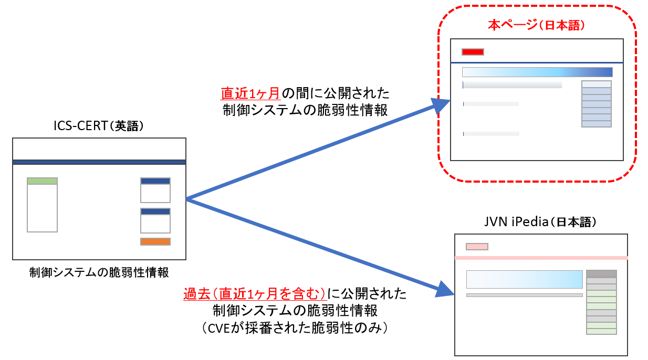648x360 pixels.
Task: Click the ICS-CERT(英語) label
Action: pyautogui.click(x=99, y=127)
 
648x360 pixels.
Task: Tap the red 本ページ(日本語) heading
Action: pyautogui.click(x=536, y=25)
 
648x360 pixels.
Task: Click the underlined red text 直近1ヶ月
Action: pyautogui.click(x=251, y=94)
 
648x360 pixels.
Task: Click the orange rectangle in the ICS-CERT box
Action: pyautogui.click(x=155, y=242)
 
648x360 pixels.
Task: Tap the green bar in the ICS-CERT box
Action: pyautogui.click(x=42, y=181)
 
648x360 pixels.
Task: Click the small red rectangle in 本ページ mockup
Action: pyautogui.click(x=473, y=51)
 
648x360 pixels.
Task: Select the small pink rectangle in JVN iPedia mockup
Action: pyautogui.click(x=477, y=247)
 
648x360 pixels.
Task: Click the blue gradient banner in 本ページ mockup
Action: pyautogui.click(x=537, y=72)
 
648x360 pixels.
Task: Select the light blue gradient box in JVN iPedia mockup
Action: pyautogui.click(x=524, y=279)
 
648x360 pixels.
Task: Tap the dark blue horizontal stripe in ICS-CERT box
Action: pyautogui.click(x=99, y=162)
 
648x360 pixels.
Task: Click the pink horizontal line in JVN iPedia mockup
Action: pyautogui.click(x=541, y=258)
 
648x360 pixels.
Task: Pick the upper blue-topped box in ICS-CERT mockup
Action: pyautogui.click(x=155, y=190)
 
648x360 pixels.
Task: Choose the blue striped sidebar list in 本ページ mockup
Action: pyautogui.click(x=597, y=104)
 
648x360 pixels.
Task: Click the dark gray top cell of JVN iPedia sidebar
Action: pyautogui.click(x=601, y=273)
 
